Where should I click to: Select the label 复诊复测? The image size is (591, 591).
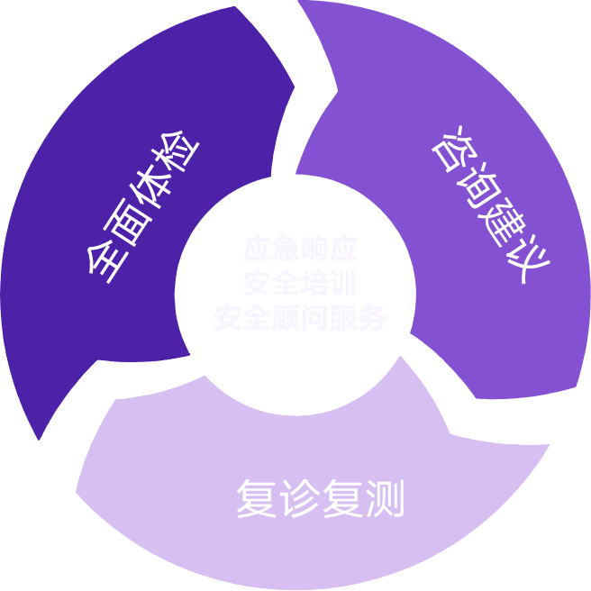320,497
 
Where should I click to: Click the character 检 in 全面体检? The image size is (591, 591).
180,158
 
